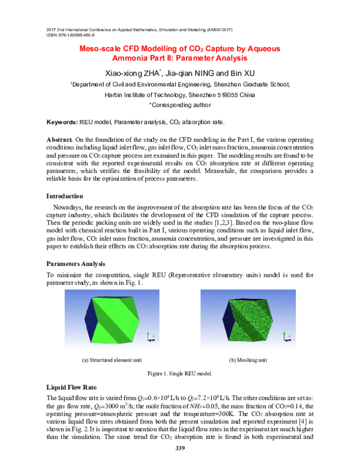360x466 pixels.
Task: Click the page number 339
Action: tap(179, 449)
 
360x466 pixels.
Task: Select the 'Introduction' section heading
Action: tap(67, 196)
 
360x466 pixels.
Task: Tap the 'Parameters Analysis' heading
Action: tap(76, 264)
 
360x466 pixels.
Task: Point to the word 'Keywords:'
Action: tap(62, 122)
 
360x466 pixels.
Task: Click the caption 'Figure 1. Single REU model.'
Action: tap(179, 374)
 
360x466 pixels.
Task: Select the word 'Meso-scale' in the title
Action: tap(102, 49)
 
